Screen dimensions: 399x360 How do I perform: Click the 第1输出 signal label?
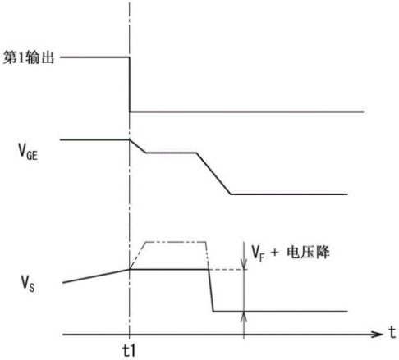click(29, 57)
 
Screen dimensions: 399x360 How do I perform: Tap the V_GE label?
click(28, 152)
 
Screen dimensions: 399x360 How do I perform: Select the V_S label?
click(28, 284)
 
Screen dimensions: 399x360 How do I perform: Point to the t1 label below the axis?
click(129, 350)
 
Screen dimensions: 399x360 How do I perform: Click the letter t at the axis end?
click(392, 332)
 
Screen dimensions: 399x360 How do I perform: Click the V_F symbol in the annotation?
click(258, 253)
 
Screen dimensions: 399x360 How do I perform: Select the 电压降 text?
click(308, 252)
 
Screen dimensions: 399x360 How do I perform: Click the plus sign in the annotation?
click(275, 253)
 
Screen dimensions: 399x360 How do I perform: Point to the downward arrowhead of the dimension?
click(244, 264)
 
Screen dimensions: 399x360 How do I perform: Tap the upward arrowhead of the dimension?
click(244, 317)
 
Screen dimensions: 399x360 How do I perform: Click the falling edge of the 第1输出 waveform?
click(130, 84)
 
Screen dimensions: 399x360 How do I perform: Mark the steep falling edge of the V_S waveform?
click(211, 290)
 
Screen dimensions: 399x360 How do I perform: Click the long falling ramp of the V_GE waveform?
click(213, 174)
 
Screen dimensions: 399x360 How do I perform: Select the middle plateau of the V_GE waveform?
click(171, 153)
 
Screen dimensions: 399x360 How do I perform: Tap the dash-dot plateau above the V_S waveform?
click(176, 242)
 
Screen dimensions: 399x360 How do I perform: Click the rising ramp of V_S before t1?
click(96, 276)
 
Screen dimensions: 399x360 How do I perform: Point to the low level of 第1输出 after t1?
click(246, 112)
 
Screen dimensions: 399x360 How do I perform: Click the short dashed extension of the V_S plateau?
click(228, 270)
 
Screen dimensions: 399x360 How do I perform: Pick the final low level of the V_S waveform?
click(280, 312)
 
